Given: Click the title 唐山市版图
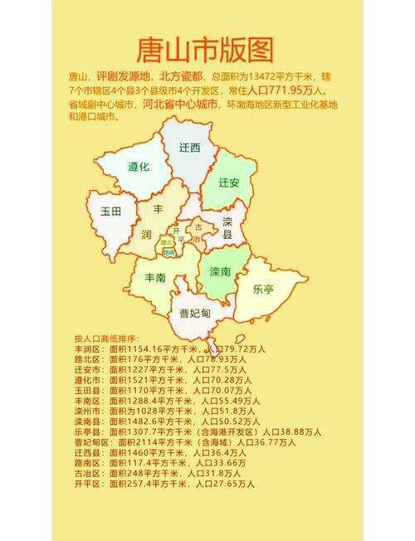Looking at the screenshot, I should click(x=204, y=51).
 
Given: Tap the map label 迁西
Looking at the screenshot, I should click(x=190, y=148).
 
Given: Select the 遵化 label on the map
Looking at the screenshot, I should click(x=138, y=167).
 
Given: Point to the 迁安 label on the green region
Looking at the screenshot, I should click(x=229, y=182).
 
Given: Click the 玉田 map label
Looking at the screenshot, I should click(x=110, y=212).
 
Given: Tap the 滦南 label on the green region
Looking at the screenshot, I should click(x=221, y=271).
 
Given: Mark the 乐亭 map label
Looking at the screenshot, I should click(x=263, y=289).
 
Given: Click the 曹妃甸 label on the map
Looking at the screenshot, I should click(x=196, y=314).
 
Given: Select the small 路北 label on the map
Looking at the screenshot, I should click(x=167, y=242).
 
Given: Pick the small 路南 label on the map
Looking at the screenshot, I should click(x=169, y=251).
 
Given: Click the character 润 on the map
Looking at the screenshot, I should click(x=146, y=233).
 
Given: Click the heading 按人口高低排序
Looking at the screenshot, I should click(x=104, y=339).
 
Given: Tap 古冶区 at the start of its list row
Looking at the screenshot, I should click(x=88, y=473).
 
